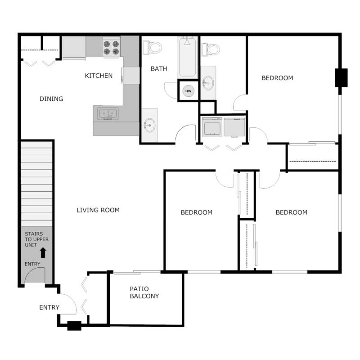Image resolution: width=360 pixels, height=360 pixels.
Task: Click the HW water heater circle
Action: click(189, 91)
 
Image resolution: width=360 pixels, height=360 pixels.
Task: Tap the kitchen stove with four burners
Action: click(111, 47)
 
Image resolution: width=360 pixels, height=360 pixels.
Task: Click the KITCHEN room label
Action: click(99, 76)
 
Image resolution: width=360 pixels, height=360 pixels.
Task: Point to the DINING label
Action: click(51, 99)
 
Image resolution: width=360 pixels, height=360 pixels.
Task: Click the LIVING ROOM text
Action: click(98, 210)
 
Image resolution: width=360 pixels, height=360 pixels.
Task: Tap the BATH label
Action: click(159, 69)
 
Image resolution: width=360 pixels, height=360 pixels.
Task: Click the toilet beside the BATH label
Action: click(153, 47)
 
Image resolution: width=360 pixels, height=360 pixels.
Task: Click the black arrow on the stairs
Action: click(43, 252)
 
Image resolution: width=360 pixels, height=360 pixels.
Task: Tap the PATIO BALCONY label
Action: click(144, 292)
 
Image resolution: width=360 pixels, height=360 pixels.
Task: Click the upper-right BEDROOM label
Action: click(277, 78)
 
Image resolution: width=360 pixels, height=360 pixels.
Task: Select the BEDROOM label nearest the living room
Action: click(196, 212)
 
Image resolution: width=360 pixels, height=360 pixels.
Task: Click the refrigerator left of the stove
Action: click(74, 47)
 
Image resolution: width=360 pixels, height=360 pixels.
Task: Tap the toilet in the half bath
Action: click(211, 48)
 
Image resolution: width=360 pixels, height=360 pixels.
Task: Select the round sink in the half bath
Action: click(208, 83)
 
